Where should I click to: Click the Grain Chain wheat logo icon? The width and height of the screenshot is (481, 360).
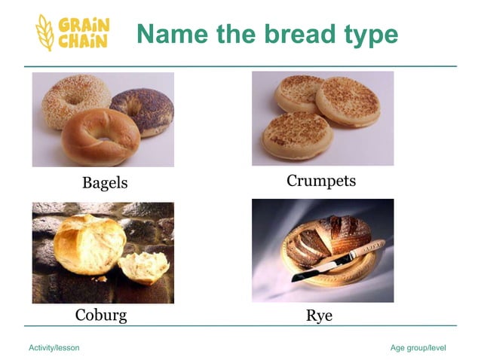coord(45,32)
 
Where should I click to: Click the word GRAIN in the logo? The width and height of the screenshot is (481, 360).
coord(84,24)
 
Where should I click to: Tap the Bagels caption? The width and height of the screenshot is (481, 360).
coord(105,183)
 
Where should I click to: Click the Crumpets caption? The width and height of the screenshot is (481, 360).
coord(320,182)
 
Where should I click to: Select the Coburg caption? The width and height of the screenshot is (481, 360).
coord(101,315)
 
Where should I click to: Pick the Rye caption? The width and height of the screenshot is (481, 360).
coord(319,316)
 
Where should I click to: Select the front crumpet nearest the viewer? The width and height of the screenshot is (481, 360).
coord(297,136)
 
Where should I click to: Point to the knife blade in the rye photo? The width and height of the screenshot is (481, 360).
coord(317,270)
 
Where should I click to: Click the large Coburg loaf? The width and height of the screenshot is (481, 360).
coord(87,244)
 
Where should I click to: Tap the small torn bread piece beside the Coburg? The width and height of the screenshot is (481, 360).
coord(143,267)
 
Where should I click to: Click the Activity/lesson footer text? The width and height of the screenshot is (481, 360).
coord(54,347)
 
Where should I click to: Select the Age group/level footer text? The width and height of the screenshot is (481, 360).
coord(418,347)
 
